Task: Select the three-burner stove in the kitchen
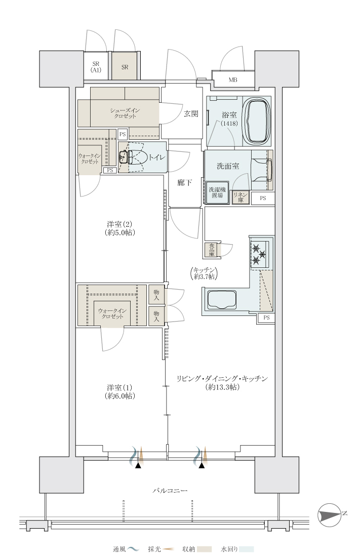(259, 254)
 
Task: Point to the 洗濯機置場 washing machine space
(217, 192)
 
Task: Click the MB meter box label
(232, 80)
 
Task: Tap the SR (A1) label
(96, 67)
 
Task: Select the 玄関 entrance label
(191, 114)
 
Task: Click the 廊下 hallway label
(185, 183)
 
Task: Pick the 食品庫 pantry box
(212, 250)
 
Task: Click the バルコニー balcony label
(170, 491)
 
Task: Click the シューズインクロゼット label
(125, 113)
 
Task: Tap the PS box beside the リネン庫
(263, 198)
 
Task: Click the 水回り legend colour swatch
(246, 549)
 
